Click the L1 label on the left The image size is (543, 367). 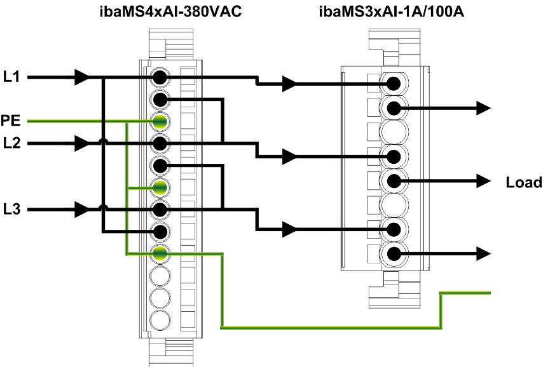[x=11, y=77]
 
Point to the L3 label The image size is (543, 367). [x=11, y=209]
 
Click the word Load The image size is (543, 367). [x=523, y=183]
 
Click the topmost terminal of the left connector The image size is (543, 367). [x=159, y=78]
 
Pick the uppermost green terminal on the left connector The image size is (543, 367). [x=159, y=121]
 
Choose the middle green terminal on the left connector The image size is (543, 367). [x=159, y=187]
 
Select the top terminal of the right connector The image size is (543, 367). [x=394, y=83]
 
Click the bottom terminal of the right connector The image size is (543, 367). [x=394, y=255]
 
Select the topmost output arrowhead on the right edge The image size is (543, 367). [x=485, y=108]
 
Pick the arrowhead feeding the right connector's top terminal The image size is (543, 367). [x=289, y=83]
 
